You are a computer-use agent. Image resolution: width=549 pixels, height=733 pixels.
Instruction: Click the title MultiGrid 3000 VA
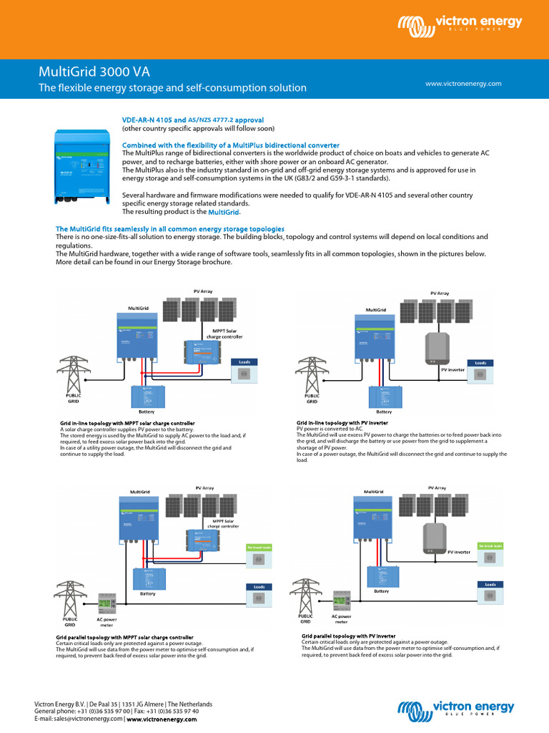pyautogui.click(x=94, y=72)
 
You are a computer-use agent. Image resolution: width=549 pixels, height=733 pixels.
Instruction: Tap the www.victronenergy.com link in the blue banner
pyautogui.click(x=463, y=84)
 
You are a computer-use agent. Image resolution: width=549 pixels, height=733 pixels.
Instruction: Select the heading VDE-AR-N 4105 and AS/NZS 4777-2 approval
pyautogui.click(x=193, y=120)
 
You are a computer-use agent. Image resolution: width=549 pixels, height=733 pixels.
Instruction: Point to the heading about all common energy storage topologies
pyautogui.click(x=170, y=228)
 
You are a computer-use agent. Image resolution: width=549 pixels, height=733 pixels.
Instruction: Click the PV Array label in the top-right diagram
pyautogui.click(x=440, y=293)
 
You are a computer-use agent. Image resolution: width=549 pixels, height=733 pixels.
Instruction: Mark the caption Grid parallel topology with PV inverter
pyautogui.click(x=348, y=636)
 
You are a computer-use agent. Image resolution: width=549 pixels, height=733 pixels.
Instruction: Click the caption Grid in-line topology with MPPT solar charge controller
pyautogui.click(x=127, y=424)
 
